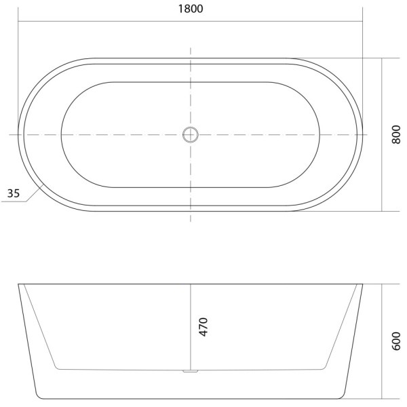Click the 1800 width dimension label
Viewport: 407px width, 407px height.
[x=190, y=9]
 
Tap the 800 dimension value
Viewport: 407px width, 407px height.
[x=397, y=134]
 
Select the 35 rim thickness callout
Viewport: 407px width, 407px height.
[x=13, y=193]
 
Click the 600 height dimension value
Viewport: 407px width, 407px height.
[x=397, y=341]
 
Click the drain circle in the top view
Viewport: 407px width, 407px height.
[x=190, y=134]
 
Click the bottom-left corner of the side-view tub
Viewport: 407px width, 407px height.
[x=37, y=397]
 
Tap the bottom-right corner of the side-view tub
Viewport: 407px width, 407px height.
[x=343, y=397]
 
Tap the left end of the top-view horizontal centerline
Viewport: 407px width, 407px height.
[x=10, y=134]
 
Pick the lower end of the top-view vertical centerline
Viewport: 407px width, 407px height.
[x=190, y=221]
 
